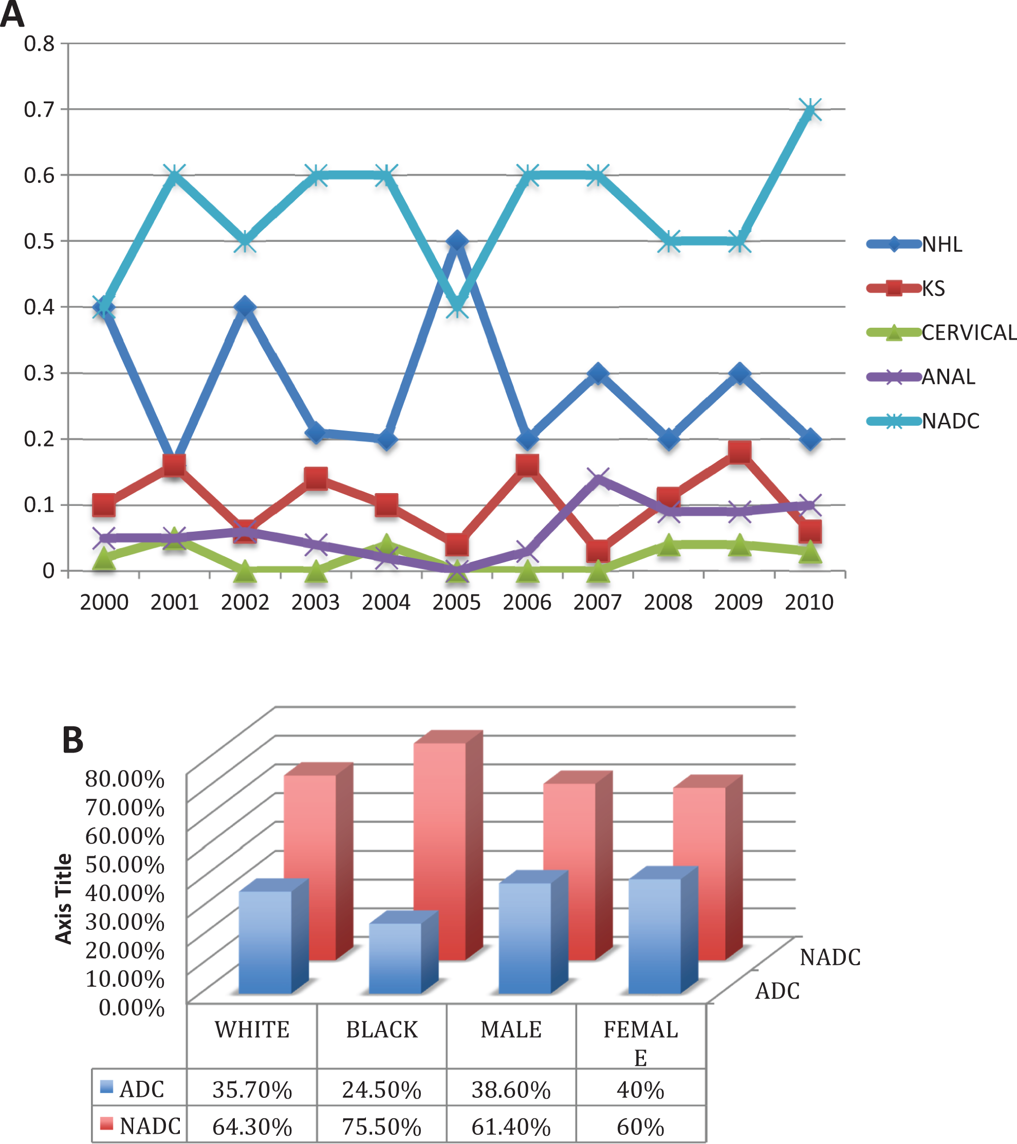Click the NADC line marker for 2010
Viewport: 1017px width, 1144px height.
click(810, 110)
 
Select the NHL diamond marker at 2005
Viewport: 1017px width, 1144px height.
click(457, 241)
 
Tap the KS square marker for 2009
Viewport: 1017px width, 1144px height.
click(739, 452)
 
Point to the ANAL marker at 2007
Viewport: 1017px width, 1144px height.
click(598, 479)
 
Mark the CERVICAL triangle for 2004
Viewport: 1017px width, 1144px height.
click(386, 543)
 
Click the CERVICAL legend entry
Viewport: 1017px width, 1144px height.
click(941, 332)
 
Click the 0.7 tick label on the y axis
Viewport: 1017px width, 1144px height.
click(39, 109)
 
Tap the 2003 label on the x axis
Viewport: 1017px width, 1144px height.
click(316, 602)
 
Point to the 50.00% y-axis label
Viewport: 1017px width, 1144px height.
click(125, 864)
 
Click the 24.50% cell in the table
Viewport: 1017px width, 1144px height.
click(382, 1090)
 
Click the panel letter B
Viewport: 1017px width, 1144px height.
click(73, 739)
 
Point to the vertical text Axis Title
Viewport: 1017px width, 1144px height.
click(64, 899)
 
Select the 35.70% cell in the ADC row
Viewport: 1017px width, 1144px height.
click(252, 1090)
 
